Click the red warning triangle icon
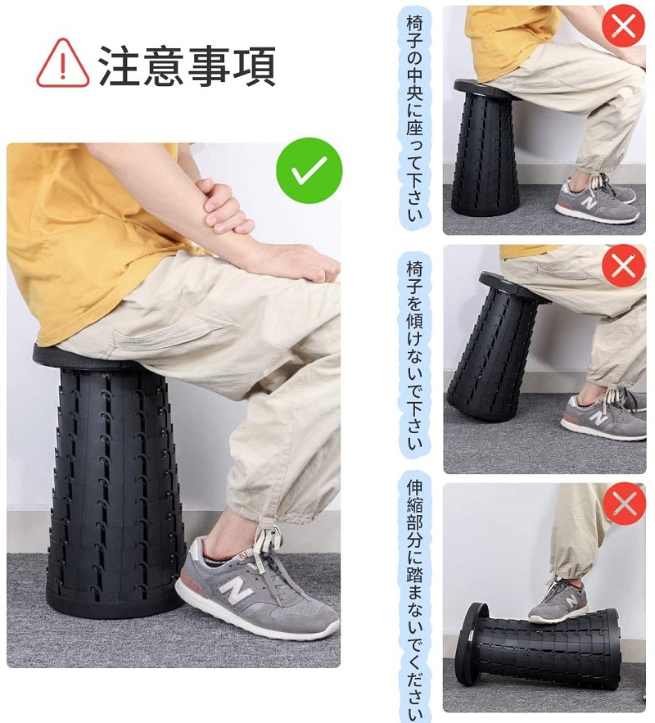click(63, 63)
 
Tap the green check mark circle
click(309, 170)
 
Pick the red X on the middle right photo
click(623, 266)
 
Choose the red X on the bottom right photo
click(624, 504)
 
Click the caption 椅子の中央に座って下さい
click(414, 118)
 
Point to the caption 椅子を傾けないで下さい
click(414, 356)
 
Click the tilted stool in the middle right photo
click(497, 346)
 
